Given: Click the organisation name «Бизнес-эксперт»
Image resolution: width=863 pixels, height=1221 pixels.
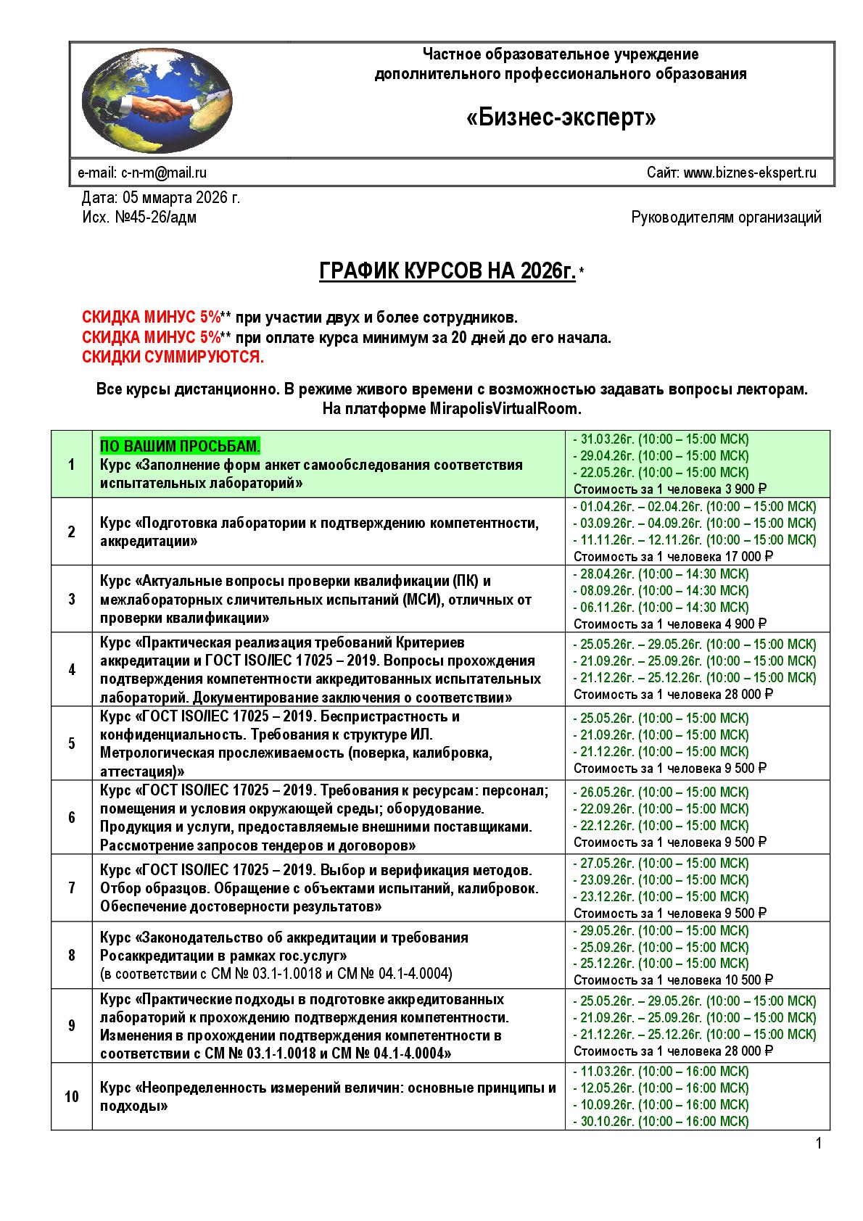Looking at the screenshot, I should click(x=560, y=117).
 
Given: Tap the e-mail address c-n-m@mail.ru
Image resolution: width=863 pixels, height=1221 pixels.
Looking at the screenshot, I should click(x=163, y=173).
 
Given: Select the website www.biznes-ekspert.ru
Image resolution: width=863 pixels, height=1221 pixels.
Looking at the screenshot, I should click(x=750, y=173).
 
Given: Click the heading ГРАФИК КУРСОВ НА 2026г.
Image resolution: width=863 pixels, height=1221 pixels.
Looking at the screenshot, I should click(x=447, y=272).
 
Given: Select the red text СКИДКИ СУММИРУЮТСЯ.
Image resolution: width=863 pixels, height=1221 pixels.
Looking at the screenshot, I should click(x=173, y=357).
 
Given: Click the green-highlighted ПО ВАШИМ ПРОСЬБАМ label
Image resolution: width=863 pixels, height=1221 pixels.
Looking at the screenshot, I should click(x=180, y=445).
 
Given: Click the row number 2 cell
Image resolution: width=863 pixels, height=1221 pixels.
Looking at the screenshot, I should click(x=72, y=531).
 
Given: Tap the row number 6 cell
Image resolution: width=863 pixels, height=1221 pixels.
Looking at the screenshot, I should click(x=72, y=817).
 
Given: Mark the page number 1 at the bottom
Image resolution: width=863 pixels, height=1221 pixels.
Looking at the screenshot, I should click(x=819, y=1144).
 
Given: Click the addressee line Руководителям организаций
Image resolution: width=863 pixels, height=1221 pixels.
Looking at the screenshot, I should click(x=727, y=217).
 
